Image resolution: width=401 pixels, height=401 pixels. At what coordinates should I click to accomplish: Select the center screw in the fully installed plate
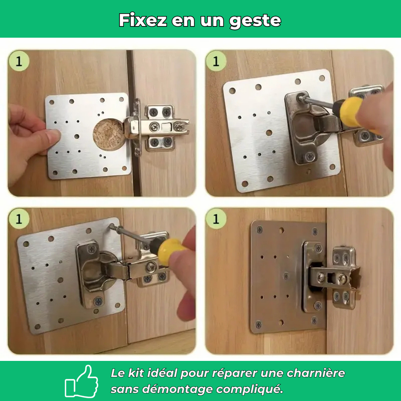coord(286,276)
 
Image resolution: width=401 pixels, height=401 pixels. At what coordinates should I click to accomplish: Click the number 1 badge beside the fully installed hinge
coord(216,219)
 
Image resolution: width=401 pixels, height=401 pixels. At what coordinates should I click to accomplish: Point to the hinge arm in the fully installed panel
coord(331,276)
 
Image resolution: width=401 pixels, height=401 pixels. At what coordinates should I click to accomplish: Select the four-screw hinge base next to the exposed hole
coord(160,128)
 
